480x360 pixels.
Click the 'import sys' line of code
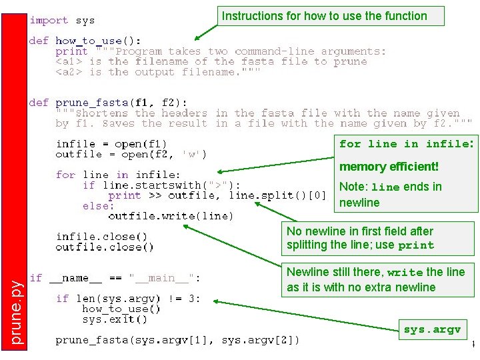[x=61, y=20]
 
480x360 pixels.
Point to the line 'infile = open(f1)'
[x=111, y=143]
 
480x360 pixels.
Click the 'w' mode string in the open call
[x=193, y=155]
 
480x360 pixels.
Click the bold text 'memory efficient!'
[x=389, y=167]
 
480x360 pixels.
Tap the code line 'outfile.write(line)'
[x=171, y=216]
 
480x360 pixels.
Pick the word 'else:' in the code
[x=99, y=206]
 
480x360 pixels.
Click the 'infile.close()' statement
[x=101, y=237]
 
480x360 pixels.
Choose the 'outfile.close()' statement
[x=105, y=247]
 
